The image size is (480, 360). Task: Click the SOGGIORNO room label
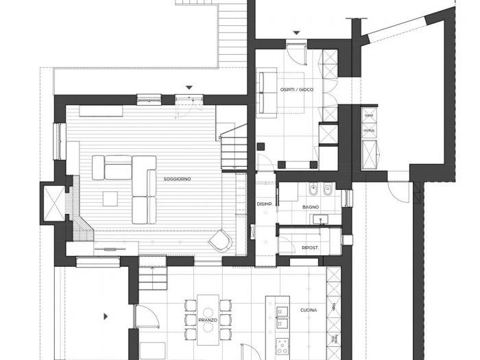point(177,179)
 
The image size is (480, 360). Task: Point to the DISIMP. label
point(265,204)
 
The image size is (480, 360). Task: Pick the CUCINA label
point(308,311)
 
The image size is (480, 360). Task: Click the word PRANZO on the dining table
point(207,320)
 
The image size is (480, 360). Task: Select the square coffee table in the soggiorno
point(111,198)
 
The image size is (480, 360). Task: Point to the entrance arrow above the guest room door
point(296,32)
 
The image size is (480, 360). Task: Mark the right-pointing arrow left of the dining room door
point(105,316)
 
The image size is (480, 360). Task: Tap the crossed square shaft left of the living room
point(53,204)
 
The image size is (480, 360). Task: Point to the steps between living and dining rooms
point(152,278)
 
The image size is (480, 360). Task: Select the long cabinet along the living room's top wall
point(101,110)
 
